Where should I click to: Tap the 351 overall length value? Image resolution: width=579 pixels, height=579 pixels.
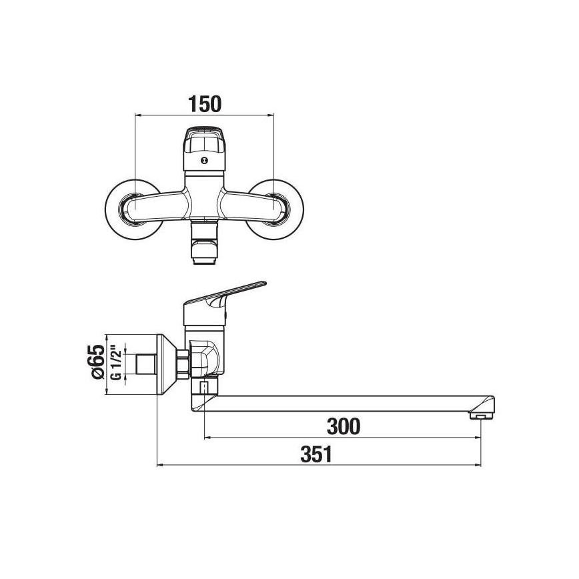tap(316, 454)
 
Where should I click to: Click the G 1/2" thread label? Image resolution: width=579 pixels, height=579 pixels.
tap(115, 364)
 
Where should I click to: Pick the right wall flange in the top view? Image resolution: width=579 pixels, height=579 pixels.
tap(275, 208)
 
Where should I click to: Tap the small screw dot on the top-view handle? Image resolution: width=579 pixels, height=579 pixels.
tap(204, 161)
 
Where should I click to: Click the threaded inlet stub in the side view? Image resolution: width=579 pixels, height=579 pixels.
tap(143, 364)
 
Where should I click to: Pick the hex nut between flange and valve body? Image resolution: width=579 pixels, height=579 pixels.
tap(182, 363)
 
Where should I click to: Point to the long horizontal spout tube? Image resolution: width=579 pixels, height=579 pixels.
tap(347, 403)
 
